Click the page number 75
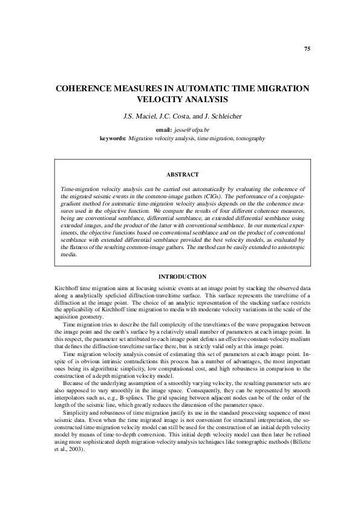(x=307, y=48)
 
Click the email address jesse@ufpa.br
(x=192, y=130)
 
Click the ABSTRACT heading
(x=182, y=175)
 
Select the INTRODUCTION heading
(x=182, y=276)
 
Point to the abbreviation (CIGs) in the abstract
(x=216, y=196)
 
